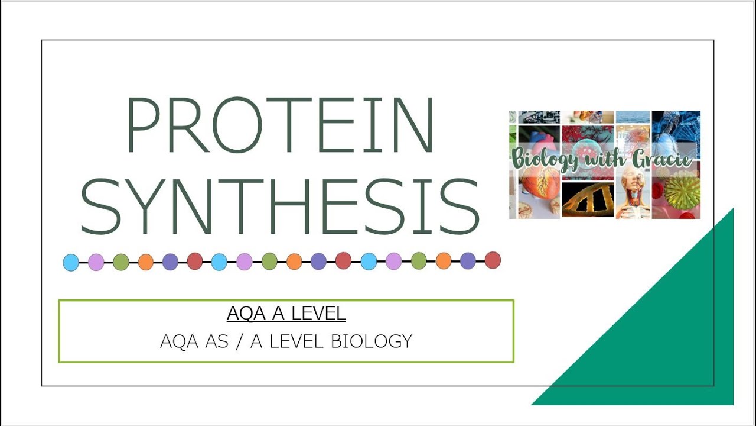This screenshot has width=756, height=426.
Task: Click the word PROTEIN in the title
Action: (280, 125)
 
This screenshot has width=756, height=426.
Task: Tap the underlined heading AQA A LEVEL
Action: (286, 314)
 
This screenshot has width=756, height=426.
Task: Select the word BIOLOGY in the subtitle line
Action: (372, 341)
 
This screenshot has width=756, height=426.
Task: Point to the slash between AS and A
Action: (239, 341)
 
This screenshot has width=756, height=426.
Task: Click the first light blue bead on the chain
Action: (71, 262)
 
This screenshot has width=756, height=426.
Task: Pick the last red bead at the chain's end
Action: (493, 260)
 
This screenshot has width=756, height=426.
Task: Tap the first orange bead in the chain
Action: (146, 262)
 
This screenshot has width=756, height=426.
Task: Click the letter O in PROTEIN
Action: (238, 125)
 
